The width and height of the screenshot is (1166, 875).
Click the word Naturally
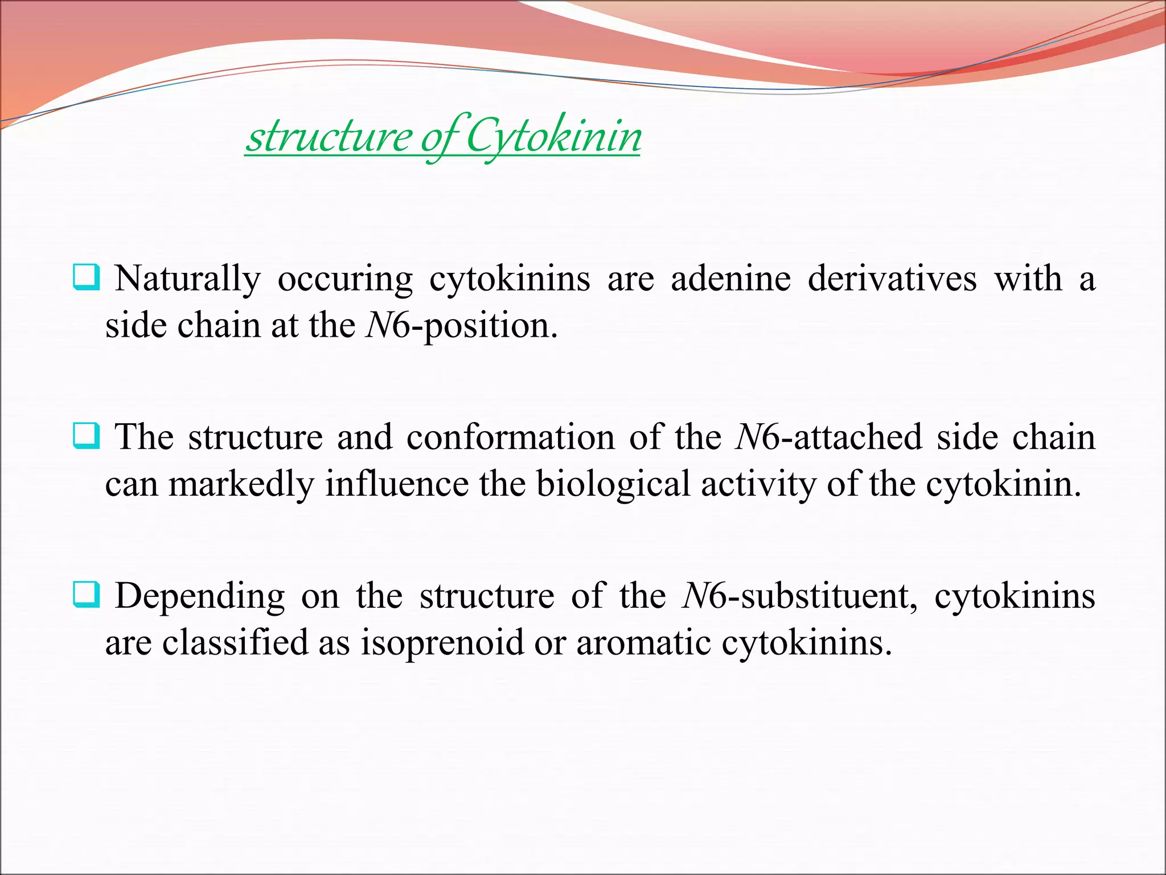[x=188, y=279]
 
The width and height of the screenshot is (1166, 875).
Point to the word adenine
[x=731, y=279]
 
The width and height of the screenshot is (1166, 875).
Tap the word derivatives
[x=892, y=279]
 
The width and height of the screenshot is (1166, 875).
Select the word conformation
[x=510, y=437]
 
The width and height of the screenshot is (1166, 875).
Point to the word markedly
[x=241, y=484]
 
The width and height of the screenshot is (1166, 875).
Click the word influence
[x=397, y=484]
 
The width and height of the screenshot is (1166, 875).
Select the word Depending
[x=200, y=596]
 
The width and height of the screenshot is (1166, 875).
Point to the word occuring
[x=345, y=279]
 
